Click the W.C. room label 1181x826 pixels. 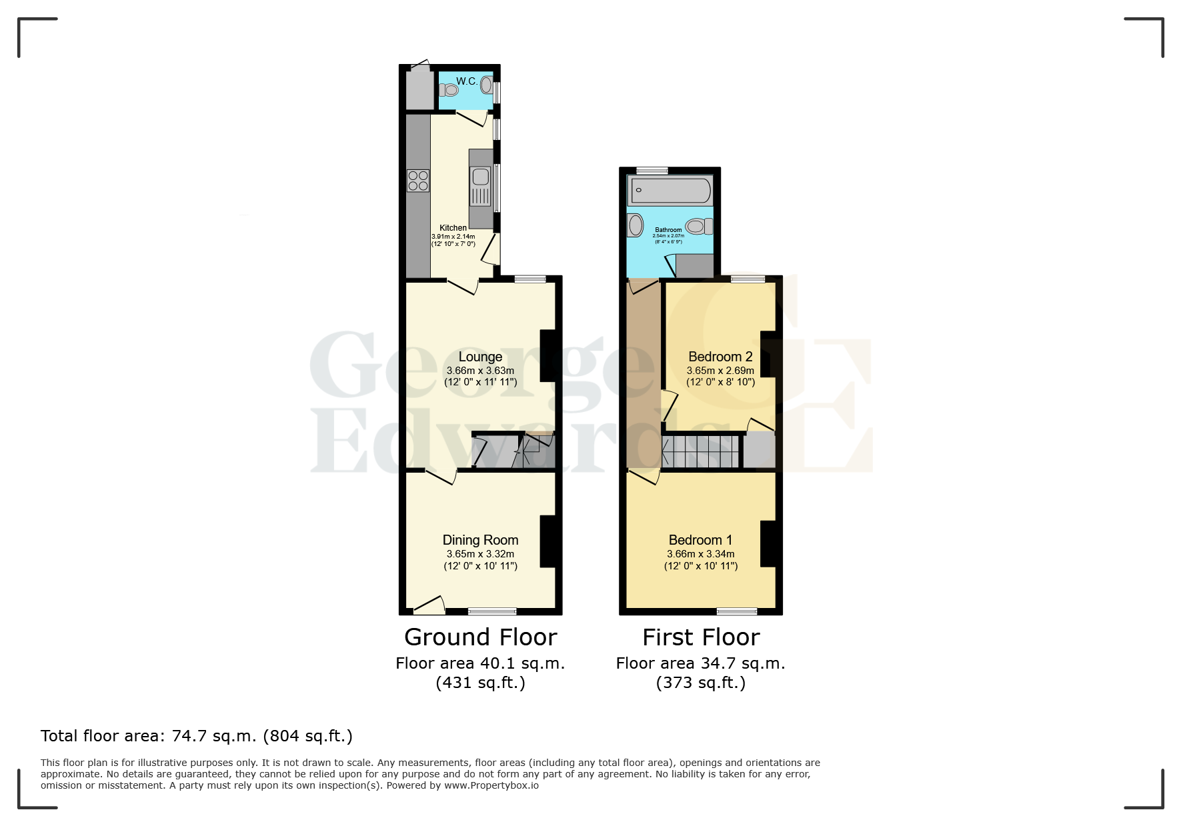(466, 81)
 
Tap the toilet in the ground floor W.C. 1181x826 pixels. (448, 90)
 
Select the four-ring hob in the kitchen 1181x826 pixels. (418, 181)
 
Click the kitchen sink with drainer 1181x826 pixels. (481, 186)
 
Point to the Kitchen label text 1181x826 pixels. (453, 228)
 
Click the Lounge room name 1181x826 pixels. (480, 357)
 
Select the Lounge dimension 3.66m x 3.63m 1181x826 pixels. (480, 371)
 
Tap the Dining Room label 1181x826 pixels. (480, 540)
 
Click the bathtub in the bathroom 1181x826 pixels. (670, 191)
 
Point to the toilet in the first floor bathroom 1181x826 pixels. (700, 227)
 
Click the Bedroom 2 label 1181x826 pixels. (720, 357)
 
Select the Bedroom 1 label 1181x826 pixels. (700, 540)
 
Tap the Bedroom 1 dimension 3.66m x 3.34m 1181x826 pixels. (700, 554)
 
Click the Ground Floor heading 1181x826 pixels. (480, 637)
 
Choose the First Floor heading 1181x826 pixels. (701, 637)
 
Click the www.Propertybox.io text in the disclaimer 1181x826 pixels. (491, 785)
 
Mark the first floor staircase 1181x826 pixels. (700, 451)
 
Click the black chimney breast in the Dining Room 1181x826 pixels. (547, 541)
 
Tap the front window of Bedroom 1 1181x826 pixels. (737, 611)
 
